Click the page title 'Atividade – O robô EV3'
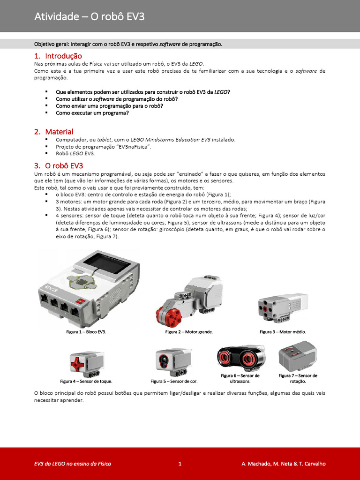pos(89,17)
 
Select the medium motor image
pos(282,307)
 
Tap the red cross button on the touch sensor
pos(77,362)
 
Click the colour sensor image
pos(172,361)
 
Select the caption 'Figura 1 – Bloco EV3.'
pos(86,332)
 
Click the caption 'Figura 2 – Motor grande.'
pos(189,332)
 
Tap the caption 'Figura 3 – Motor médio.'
pos(283,332)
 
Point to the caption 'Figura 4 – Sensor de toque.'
pos(86,381)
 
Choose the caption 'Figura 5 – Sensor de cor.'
pos(174,381)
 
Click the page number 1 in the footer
pos(180,464)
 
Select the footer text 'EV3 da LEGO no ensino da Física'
pos(73,464)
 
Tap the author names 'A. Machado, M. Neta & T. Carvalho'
pos(283,464)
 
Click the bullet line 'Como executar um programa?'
pos(92,113)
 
